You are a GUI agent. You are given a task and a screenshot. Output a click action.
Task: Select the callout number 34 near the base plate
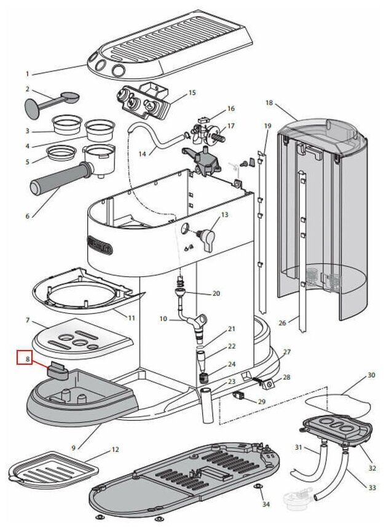tap(266, 504)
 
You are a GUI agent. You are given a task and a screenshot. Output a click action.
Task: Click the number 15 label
tap(192, 93)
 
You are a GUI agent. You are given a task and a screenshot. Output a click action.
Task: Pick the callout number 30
tap(371, 375)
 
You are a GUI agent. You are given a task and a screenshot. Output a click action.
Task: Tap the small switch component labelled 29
tap(242, 396)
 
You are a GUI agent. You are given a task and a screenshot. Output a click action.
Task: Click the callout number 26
tap(283, 322)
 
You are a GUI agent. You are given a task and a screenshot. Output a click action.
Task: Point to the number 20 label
tap(216, 293)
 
